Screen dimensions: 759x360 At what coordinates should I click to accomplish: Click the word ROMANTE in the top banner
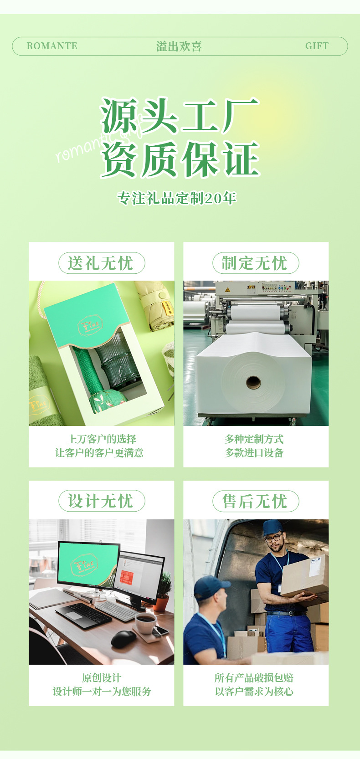click(x=52, y=46)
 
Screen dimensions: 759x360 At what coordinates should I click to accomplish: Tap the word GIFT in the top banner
click(x=317, y=46)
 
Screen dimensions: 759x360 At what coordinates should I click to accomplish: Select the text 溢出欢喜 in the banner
click(x=179, y=46)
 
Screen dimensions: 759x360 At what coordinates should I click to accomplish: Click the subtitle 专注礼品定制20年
click(x=177, y=198)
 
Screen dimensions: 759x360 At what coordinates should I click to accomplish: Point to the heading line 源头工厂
click(x=180, y=116)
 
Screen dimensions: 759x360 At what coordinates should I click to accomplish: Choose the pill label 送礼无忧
click(x=101, y=263)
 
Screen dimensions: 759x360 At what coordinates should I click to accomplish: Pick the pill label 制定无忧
click(x=255, y=263)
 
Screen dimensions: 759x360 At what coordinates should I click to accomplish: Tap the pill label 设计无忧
click(x=101, y=501)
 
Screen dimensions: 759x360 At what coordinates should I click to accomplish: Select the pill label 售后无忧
click(x=255, y=501)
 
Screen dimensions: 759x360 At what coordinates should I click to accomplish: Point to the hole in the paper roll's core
click(x=253, y=382)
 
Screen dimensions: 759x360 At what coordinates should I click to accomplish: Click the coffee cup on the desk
click(x=145, y=623)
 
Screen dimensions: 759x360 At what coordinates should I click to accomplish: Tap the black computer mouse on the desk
click(x=123, y=639)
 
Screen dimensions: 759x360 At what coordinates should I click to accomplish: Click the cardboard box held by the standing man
click(x=304, y=575)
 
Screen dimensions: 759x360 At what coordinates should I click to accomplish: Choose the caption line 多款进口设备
click(x=254, y=453)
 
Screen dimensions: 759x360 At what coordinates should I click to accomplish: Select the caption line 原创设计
click(x=101, y=677)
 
